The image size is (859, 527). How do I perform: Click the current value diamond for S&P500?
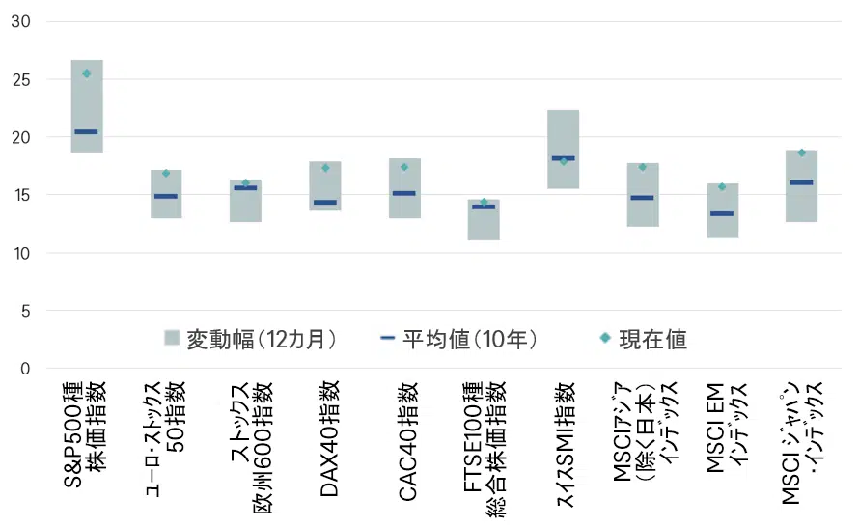point(87,74)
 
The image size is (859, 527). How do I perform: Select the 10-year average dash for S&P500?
point(87,131)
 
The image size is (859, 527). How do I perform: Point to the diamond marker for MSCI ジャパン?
point(801,153)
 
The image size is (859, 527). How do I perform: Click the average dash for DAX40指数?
point(325,203)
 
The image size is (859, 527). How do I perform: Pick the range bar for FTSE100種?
point(484,224)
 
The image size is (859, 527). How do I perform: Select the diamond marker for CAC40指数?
point(404,167)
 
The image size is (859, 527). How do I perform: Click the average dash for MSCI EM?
point(722,213)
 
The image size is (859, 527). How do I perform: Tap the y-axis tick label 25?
point(20,79)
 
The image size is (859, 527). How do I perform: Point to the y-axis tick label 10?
point(20,253)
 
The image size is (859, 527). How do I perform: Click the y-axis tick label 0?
point(25,369)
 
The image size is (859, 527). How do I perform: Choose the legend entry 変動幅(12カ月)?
point(251,339)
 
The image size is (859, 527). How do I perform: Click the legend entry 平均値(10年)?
point(459,339)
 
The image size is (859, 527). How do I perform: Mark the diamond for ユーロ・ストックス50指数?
point(166,174)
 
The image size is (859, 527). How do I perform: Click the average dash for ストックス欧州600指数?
point(245,187)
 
